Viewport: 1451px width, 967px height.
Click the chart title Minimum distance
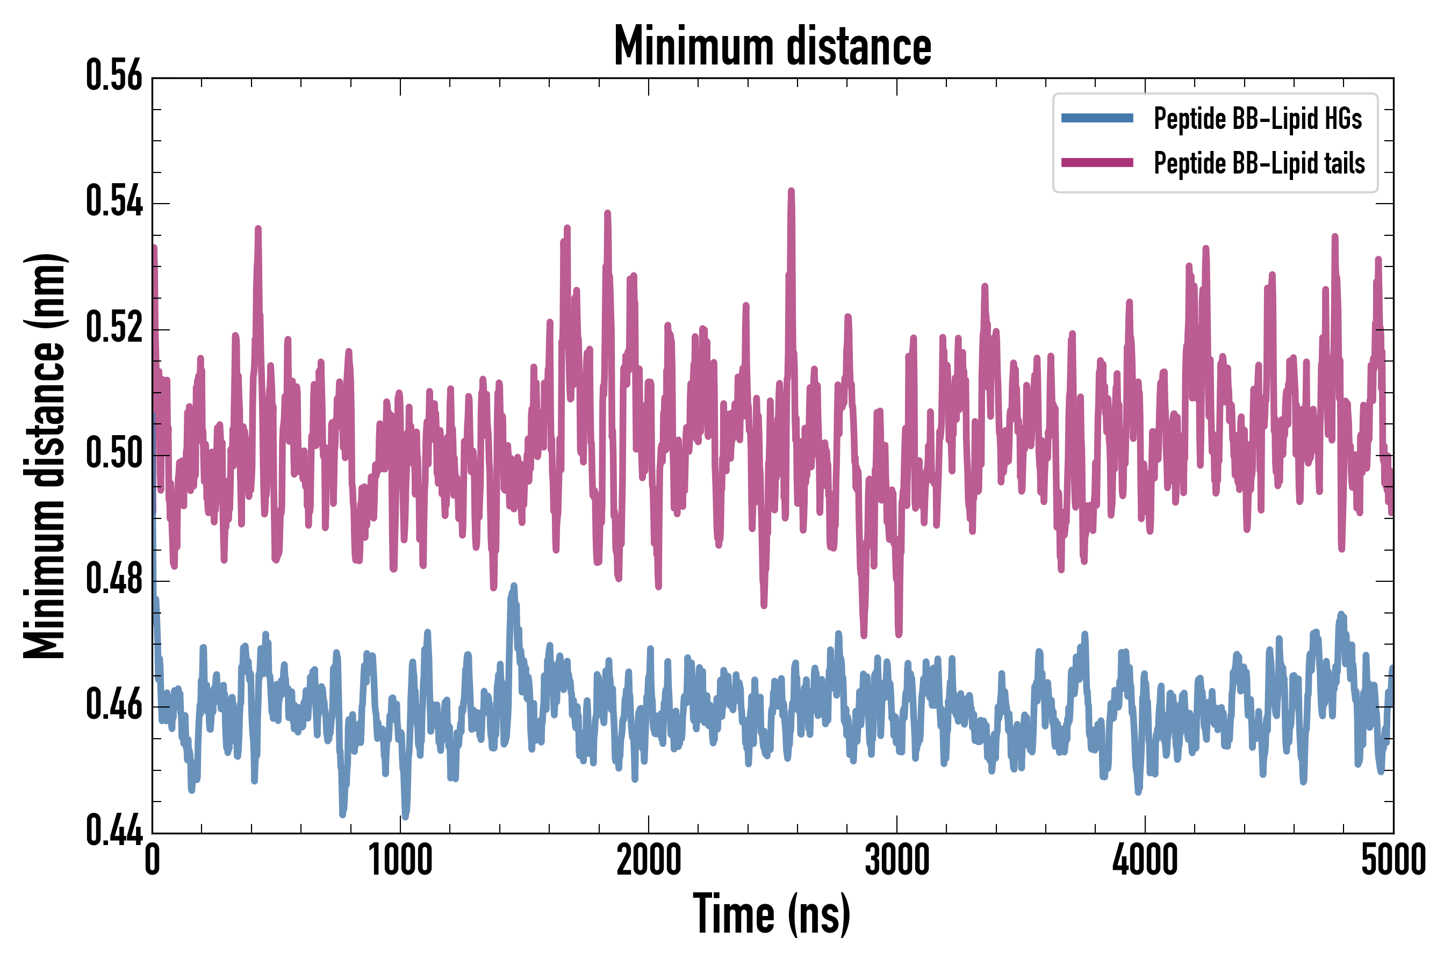click(x=772, y=46)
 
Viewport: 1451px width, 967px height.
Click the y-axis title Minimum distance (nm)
click(x=45, y=456)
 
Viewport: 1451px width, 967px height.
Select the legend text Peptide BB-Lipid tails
click(x=1259, y=163)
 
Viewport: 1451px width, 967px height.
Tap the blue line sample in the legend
click(x=1097, y=118)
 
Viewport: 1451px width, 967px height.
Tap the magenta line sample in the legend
click(x=1097, y=163)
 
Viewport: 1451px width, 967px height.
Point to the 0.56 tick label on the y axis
click(x=114, y=76)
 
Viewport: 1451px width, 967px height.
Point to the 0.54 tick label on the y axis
click(x=114, y=203)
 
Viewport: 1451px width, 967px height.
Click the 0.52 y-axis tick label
click(x=114, y=328)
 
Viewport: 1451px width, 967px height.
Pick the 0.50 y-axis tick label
click(x=114, y=454)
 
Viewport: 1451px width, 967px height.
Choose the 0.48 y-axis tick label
click(x=114, y=580)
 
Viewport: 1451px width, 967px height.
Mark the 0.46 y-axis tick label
click(x=114, y=705)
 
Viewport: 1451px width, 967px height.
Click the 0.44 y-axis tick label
click(x=114, y=831)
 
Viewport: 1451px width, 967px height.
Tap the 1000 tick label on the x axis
click(x=400, y=860)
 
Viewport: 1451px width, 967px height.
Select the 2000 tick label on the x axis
click(x=649, y=860)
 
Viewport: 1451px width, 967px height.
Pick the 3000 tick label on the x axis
click(x=896, y=860)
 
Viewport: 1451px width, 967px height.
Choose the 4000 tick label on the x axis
click(x=1145, y=860)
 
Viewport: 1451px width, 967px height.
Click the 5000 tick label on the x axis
click(x=1393, y=860)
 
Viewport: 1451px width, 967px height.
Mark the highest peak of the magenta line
click(x=791, y=191)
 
